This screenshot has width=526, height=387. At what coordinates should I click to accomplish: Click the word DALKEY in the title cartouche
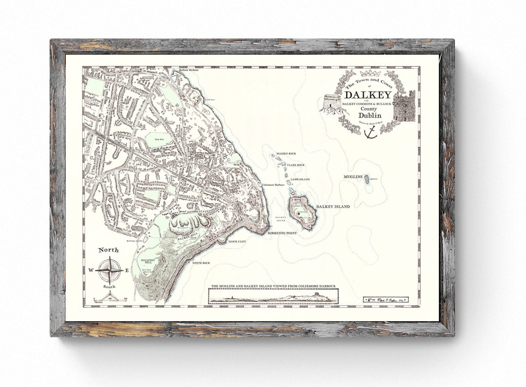pos(368,94)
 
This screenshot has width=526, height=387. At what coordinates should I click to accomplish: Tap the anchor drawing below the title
pos(371,132)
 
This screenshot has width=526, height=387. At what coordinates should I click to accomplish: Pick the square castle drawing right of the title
pos(404,106)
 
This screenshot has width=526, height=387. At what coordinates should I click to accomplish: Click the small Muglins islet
pos(367,179)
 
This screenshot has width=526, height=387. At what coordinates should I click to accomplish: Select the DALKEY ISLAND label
pos(333,207)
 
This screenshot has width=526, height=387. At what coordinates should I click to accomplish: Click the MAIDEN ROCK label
pos(286,154)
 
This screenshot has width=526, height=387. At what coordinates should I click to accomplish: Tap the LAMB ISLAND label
pos(300,179)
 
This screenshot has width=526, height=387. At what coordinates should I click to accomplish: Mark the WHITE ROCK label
pos(201,263)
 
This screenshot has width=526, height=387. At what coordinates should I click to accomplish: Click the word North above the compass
pos(108,250)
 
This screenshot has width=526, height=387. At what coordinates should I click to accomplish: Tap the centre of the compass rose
pos(109,270)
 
